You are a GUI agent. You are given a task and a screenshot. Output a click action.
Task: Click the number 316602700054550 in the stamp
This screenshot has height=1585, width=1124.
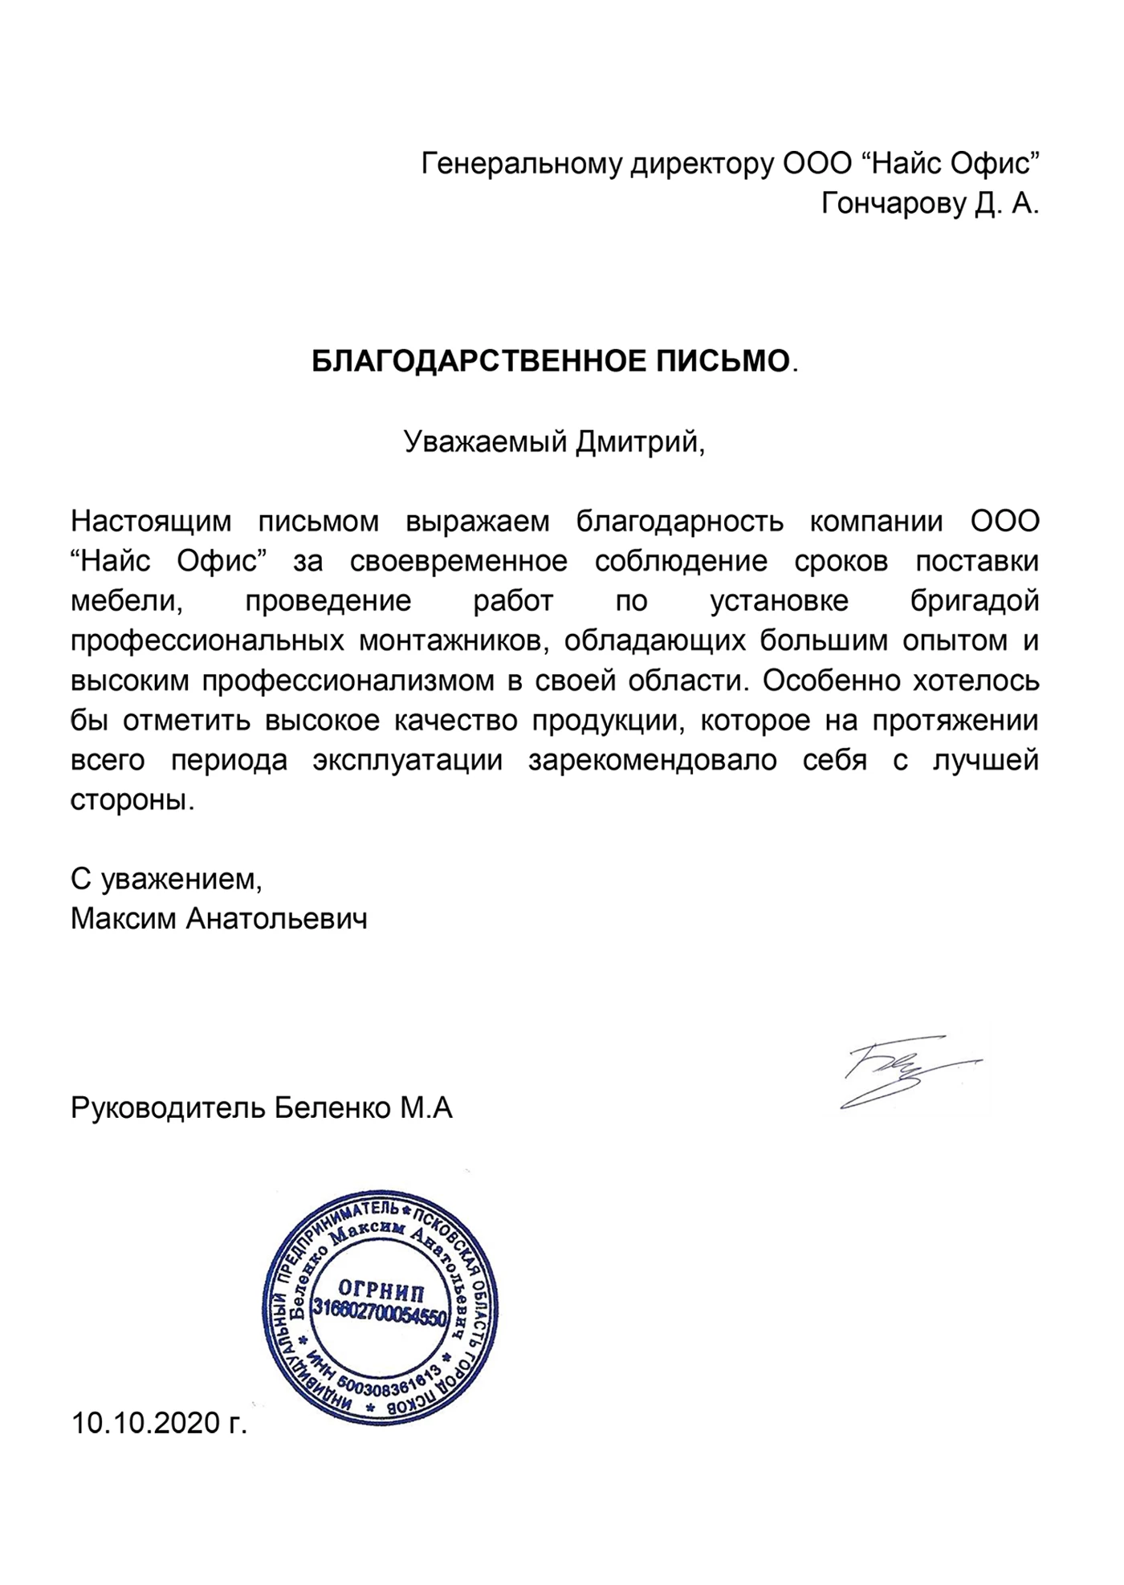click(x=378, y=1319)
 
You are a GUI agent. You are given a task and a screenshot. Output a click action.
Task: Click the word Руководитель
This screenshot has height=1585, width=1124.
click(x=167, y=1108)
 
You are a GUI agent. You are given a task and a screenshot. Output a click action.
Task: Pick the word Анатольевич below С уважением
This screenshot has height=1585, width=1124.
click(x=276, y=917)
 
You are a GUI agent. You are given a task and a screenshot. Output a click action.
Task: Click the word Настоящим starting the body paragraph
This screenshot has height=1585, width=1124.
click(x=151, y=522)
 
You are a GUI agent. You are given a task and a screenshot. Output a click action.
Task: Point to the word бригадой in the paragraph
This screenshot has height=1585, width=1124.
click(x=974, y=601)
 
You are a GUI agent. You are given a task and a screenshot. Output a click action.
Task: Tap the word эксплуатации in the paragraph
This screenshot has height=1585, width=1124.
click(x=408, y=760)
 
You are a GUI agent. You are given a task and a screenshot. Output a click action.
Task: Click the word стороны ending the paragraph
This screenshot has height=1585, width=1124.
click(x=132, y=800)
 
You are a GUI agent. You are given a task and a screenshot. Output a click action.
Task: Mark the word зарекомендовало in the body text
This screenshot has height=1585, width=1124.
click(x=652, y=760)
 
